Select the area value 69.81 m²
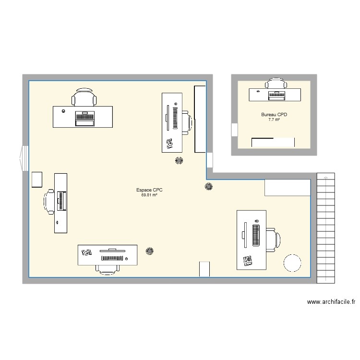pyautogui.click(x=149, y=195)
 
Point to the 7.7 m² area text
pyautogui.click(x=274, y=120)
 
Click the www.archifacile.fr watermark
pyautogui.click(x=331, y=302)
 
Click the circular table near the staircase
pyautogui.click(x=292, y=263)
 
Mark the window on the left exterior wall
pyautogui.click(x=24, y=158)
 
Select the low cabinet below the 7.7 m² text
pyautogui.click(x=273, y=142)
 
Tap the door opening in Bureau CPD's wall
pyautogui.click(x=234, y=130)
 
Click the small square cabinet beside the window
pyautogui.click(x=37, y=179)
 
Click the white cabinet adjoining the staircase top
pyautogui.click(x=287, y=187)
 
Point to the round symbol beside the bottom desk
pyautogui.click(x=150, y=251)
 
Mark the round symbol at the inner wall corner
pyautogui.click(x=209, y=187)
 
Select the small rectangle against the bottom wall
pyautogui.click(x=204, y=269)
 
